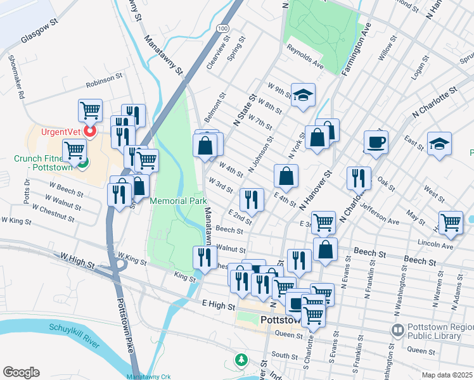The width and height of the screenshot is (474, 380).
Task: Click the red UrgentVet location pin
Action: (x=90, y=132)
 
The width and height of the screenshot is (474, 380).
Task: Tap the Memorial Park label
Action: (x=179, y=201)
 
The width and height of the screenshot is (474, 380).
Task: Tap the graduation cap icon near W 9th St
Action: (x=304, y=94)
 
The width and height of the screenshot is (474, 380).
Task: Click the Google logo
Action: (x=21, y=372)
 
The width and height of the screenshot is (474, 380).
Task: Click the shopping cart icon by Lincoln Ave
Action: (x=451, y=222)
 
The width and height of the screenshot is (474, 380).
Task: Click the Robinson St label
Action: (x=104, y=79)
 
